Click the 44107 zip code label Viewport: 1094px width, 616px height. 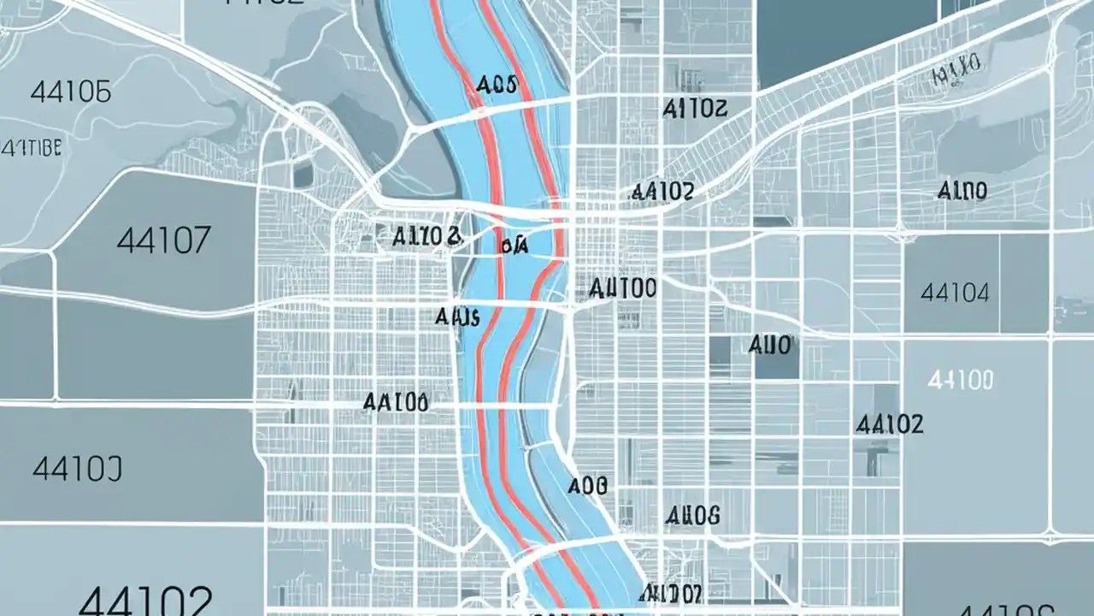pos(162,240)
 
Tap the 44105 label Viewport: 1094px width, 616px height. pos(70,92)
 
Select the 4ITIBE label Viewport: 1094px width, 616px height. pos(32,148)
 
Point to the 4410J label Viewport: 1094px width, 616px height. pos(77,468)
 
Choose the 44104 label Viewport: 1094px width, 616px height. pos(955,293)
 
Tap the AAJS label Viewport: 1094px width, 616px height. pos(457,317)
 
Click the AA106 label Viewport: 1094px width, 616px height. pos(395,402)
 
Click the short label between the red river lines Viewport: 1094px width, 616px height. pos(513,246)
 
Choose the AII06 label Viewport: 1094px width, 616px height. pos(691,516)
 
